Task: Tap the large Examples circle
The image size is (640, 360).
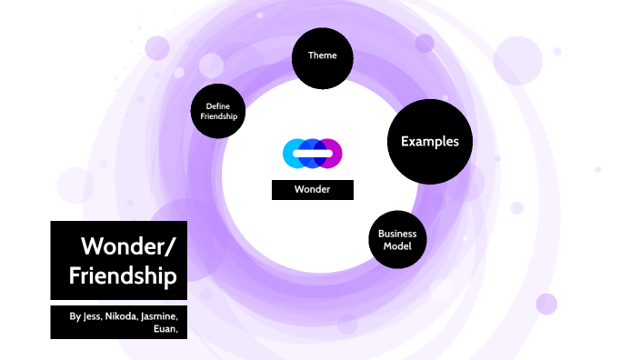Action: coord(429,142)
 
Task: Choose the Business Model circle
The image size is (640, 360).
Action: coord(397,240)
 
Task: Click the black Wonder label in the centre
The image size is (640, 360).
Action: coord(312,190)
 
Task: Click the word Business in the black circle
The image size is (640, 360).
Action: coord(397,235)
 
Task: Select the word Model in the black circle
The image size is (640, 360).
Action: coord(397,246)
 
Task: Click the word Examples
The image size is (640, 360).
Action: coord(429,142)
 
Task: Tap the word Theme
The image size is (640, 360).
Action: coord(322,55)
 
